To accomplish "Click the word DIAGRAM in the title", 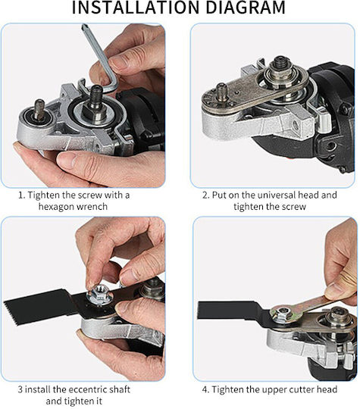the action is point(246,8).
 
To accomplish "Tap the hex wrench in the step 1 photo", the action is point(101,58).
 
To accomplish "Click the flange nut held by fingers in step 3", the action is point(100,294).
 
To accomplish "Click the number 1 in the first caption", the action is point(20,195).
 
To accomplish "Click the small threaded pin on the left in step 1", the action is point(39,110).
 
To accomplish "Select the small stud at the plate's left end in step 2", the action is point(222,92).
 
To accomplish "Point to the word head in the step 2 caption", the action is point(308,195).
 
